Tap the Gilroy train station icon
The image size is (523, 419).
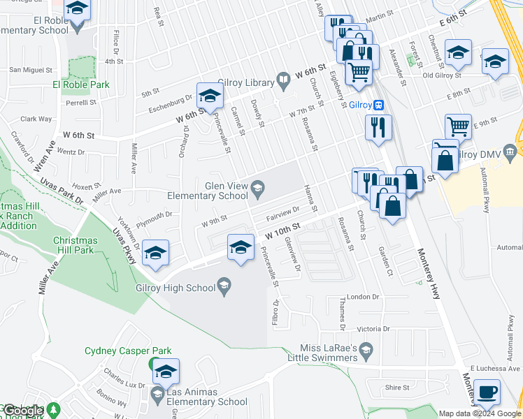point(378,105)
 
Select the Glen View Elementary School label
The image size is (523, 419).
point(227,191)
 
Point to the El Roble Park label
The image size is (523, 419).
point(81,85)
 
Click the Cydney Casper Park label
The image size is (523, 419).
point(128,351)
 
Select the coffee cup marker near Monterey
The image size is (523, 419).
point(487,392)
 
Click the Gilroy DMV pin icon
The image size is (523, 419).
point(510,152)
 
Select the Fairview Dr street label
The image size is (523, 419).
point(282,209)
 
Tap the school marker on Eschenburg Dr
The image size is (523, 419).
point(210,96)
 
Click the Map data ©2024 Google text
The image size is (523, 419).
point(480,413)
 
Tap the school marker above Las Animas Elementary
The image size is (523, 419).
point(166,372)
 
